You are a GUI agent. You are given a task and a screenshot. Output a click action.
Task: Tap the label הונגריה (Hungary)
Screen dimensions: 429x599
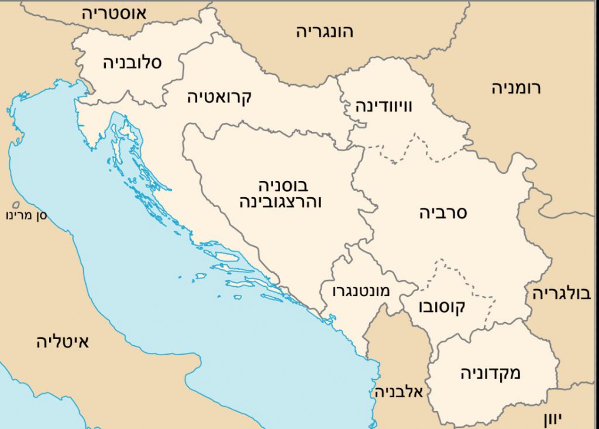click(325, 32)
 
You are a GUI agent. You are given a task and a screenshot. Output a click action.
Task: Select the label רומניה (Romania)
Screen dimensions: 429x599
click(516, 88)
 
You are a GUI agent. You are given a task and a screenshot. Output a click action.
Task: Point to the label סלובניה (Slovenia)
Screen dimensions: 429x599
click(133, 63)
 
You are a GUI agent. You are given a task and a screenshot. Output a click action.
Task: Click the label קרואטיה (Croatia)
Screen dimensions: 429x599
click(219, 97)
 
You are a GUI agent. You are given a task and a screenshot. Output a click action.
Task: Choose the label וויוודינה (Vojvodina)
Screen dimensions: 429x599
click(384, 107)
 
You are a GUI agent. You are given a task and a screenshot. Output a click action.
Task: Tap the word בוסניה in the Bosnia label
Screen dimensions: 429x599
click(283, 187)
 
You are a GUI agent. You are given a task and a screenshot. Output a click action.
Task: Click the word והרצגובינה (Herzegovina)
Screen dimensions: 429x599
click(281, 203)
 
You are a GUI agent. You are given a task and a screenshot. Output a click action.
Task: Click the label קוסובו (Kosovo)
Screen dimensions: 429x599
click(442, 307)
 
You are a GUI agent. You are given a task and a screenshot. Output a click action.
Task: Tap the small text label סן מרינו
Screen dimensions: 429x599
click(27, 215)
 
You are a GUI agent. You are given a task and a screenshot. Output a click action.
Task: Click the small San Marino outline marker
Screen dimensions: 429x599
click(16, 205)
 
